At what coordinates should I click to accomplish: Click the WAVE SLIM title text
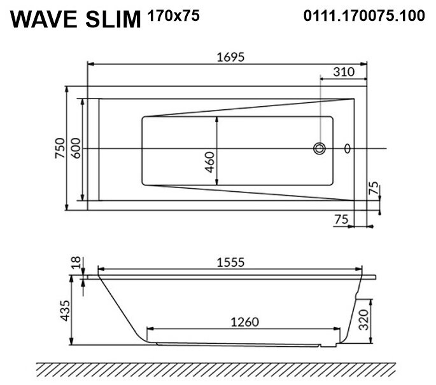pyautogui.click(x=76, y=19)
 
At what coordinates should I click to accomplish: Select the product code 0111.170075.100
pyautogui.click(x=364, y=15)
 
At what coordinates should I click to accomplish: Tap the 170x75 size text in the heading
pyautogui.click(x=174, y=15)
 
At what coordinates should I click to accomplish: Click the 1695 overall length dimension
pyautogui.click(x=230, y=57)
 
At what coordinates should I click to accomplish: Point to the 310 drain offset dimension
pyautogui.click(x=344, y=72)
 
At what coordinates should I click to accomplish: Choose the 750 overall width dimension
pyautogui.click(x=60, y=148)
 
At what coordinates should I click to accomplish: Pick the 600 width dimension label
pyautogui.click(x=75, y=148)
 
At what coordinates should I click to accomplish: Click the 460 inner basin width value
pyautogui.click(x=210, y=162)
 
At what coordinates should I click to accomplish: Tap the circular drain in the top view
pyautogui.click(x=320, y=149)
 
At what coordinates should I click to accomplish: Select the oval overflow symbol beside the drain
pyautogui.click(x=348, y=149)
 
